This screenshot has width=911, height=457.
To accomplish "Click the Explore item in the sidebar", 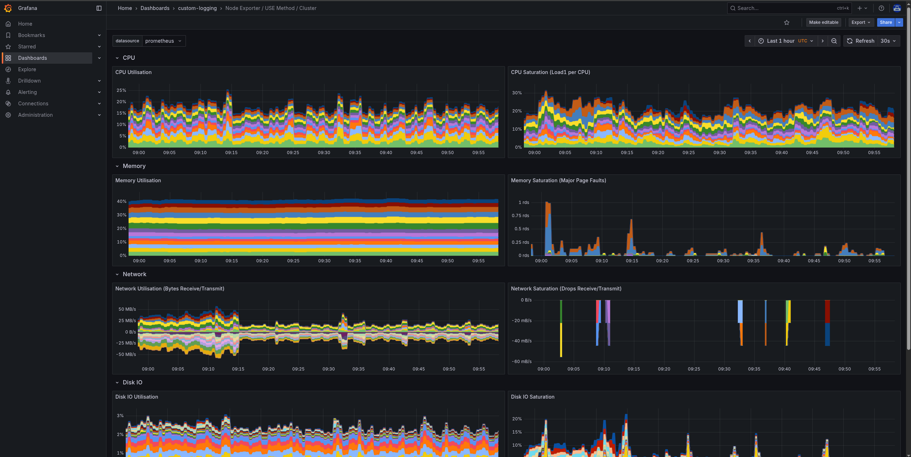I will [27, 69].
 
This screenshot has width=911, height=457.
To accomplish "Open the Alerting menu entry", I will [27, 92].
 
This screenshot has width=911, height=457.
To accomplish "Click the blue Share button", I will [885, 22].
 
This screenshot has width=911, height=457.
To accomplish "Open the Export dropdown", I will [861, 22].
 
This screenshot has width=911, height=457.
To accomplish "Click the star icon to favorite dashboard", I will [787, 22].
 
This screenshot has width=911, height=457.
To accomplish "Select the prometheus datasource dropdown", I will [163, 41].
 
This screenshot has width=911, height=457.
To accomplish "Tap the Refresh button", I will [860, 41].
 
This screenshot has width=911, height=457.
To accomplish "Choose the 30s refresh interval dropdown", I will [888, 41].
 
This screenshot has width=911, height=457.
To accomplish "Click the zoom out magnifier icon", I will [834, 41].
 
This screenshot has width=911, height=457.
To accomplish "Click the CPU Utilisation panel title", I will [133, 72].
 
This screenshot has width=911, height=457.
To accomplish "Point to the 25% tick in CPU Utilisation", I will [121, 90].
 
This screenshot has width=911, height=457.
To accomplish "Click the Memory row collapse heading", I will [134, 166].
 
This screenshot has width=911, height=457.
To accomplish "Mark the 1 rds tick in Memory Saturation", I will [524, 203].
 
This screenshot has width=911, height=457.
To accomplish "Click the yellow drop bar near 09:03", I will [561, 340].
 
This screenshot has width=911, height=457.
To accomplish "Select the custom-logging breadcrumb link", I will [197, 8].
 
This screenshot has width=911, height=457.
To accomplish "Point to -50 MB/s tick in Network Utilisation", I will [126, 354].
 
